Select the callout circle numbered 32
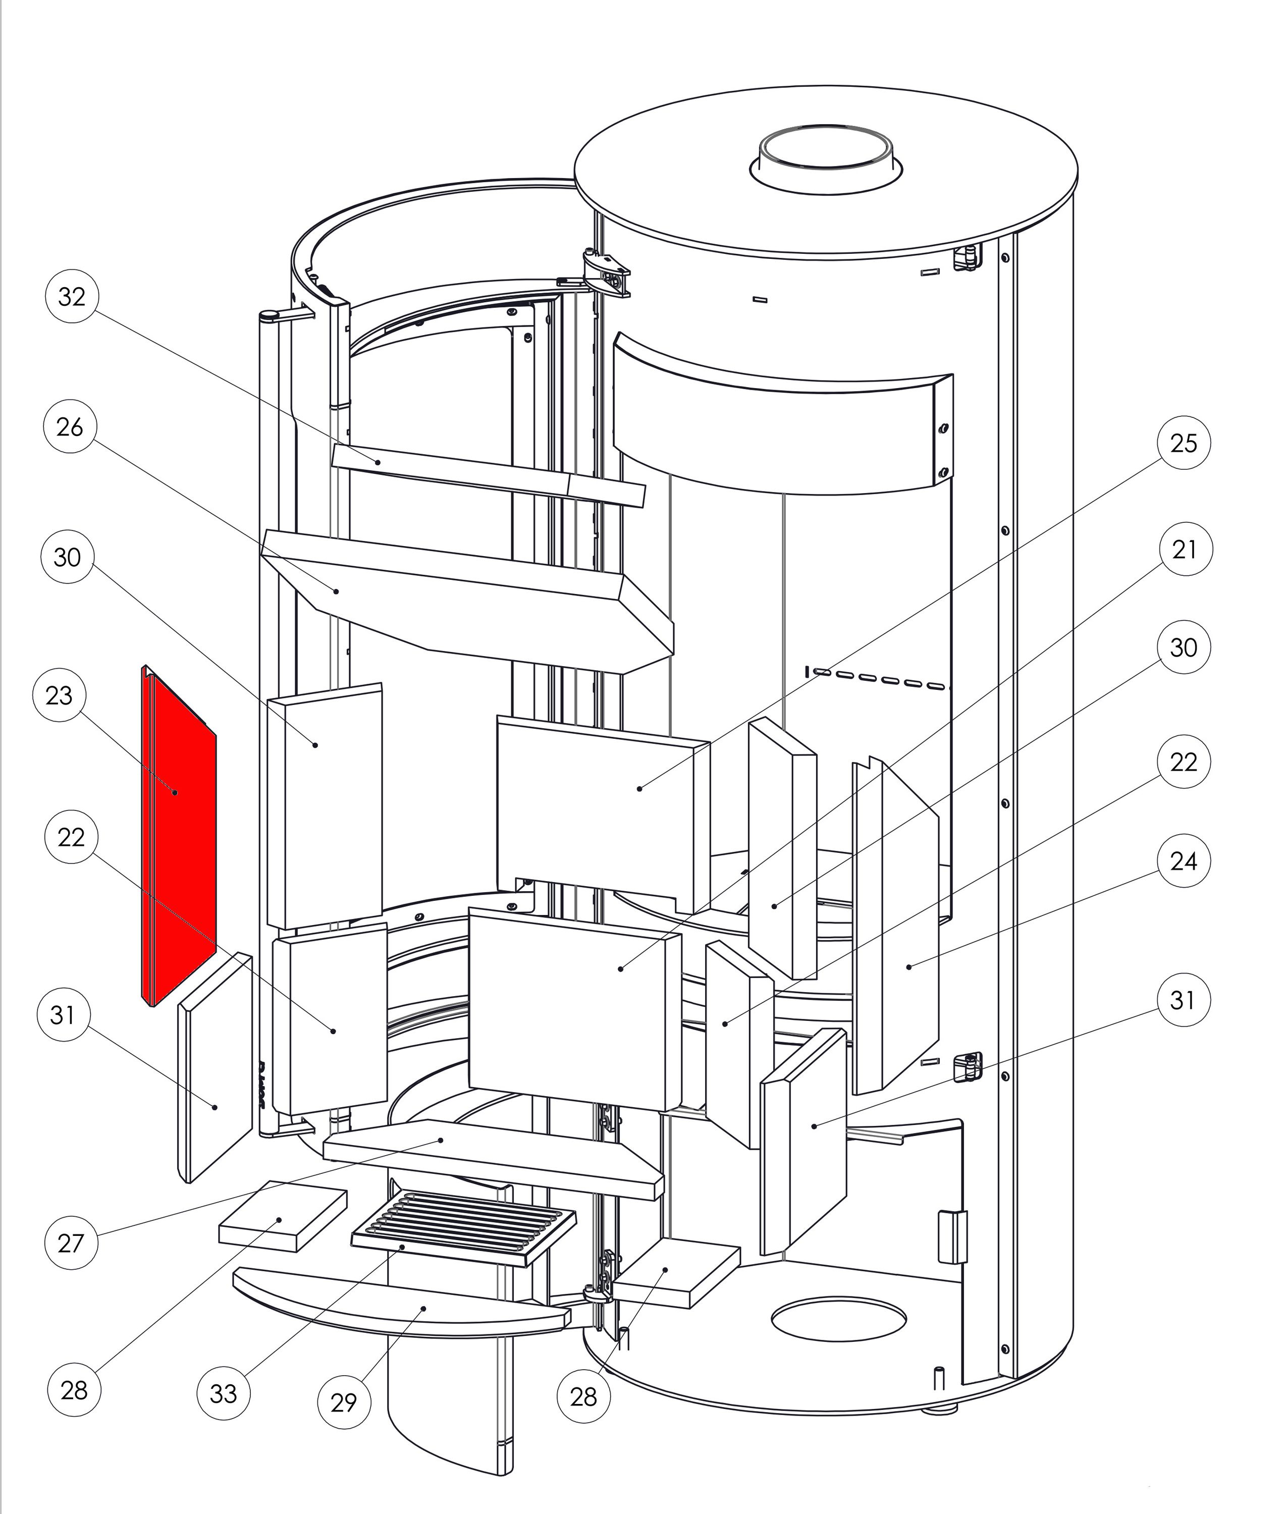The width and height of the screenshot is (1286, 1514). tap(72, 297)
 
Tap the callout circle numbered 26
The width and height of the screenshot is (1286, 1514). tap(70, 427)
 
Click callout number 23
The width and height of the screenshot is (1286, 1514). tap(59, 695)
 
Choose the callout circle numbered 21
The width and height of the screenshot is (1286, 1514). tap(1185, 549)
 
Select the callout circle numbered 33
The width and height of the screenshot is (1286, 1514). tap(224, 1393)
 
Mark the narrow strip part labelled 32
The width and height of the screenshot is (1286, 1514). tap(489, 477)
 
